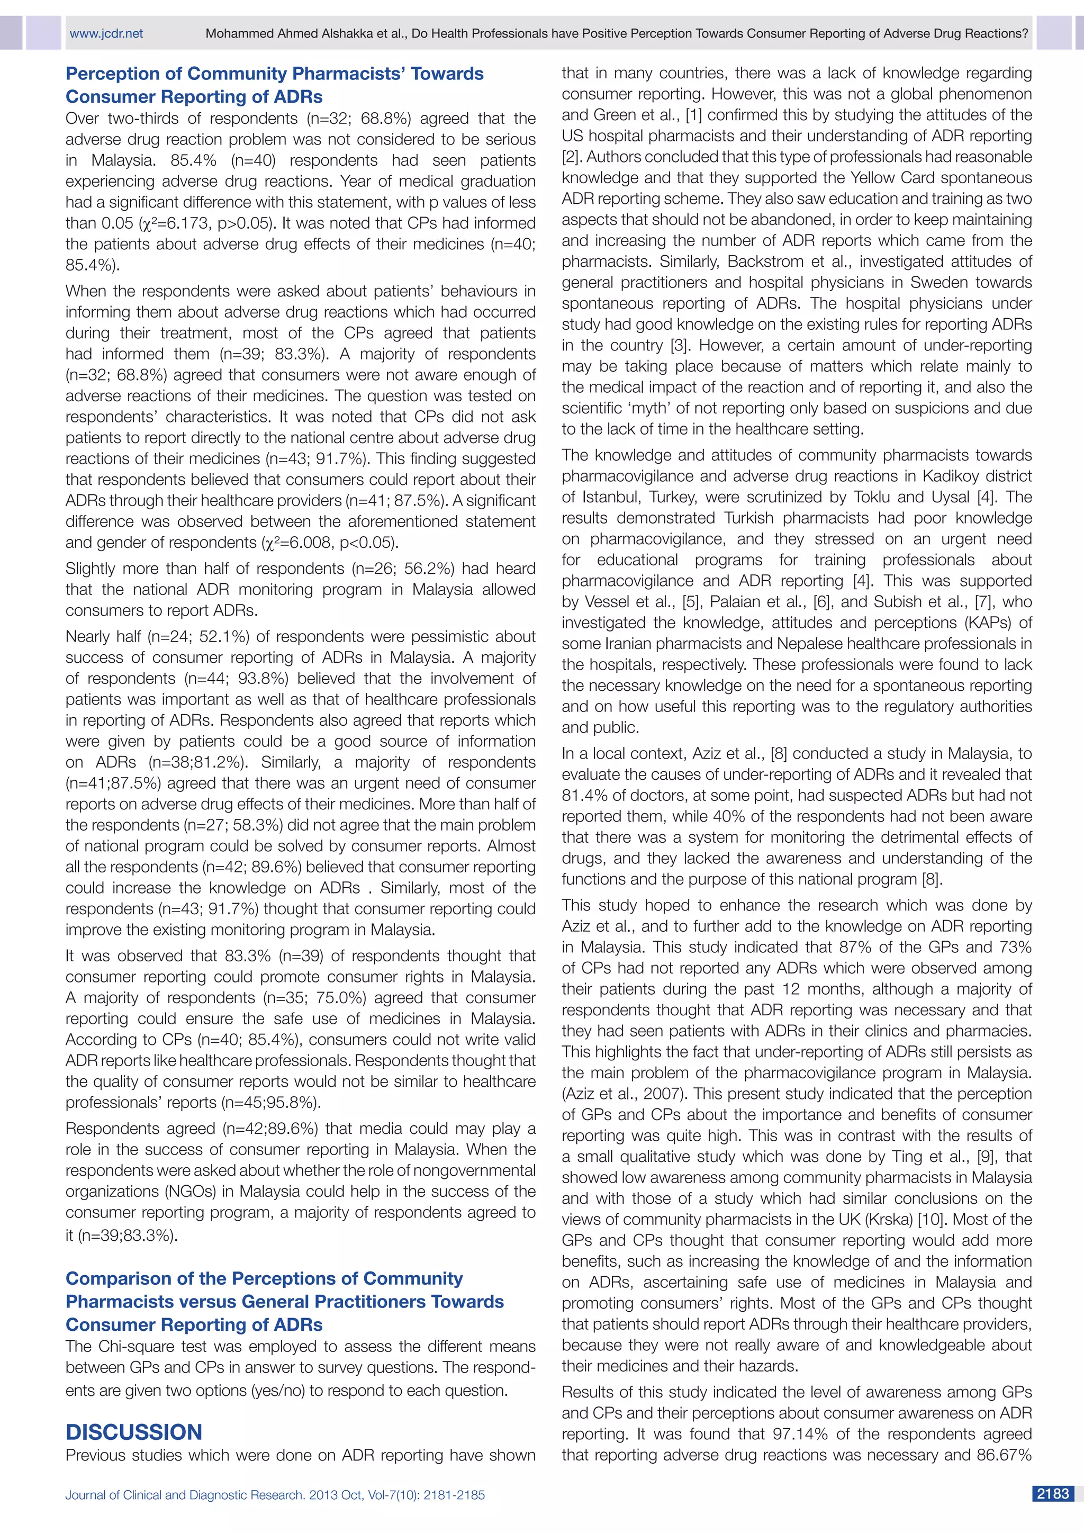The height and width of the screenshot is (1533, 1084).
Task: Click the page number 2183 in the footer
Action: [1053, 1494]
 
